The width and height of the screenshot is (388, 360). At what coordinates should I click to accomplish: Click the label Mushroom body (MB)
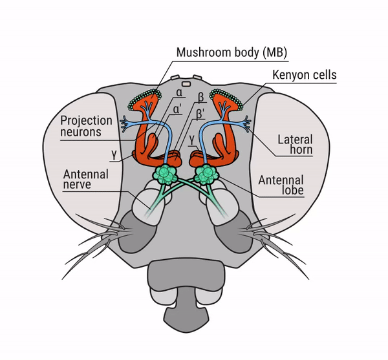point(232,52)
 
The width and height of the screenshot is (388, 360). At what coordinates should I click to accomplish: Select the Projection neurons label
point(86,127)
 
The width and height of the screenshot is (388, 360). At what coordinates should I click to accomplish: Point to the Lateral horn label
point(295,145)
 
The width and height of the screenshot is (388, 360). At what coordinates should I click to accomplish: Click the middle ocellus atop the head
point(185,83)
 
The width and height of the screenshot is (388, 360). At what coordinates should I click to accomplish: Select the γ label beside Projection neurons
point(113,156)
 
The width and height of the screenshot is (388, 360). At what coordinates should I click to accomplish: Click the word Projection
point(86,121)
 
